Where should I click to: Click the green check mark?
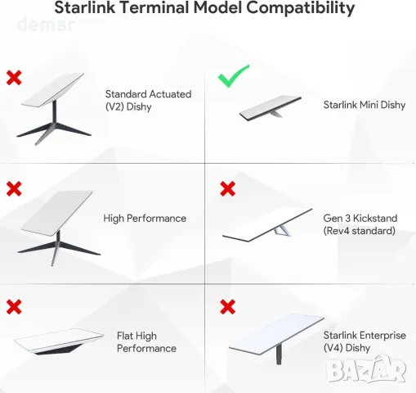click(x=235, y=79)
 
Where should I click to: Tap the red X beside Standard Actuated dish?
click(x=14, y=78)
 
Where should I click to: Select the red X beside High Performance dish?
click(x=14, y=189)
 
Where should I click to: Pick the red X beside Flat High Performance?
click(x=14, y=307)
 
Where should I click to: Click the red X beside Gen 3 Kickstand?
click(x=228, y=189)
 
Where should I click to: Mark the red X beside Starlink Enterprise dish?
click(x=228, y=307)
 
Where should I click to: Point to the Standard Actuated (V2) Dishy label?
click(x=148, y=101)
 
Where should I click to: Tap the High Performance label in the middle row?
click(x=145, y=219)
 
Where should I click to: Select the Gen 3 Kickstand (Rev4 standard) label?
click(x=360, y=224)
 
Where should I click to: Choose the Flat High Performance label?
click(x=146, y=342)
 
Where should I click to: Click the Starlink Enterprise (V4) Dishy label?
click(x=360, y=341)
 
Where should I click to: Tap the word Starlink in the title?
click(x=85, y=9)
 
